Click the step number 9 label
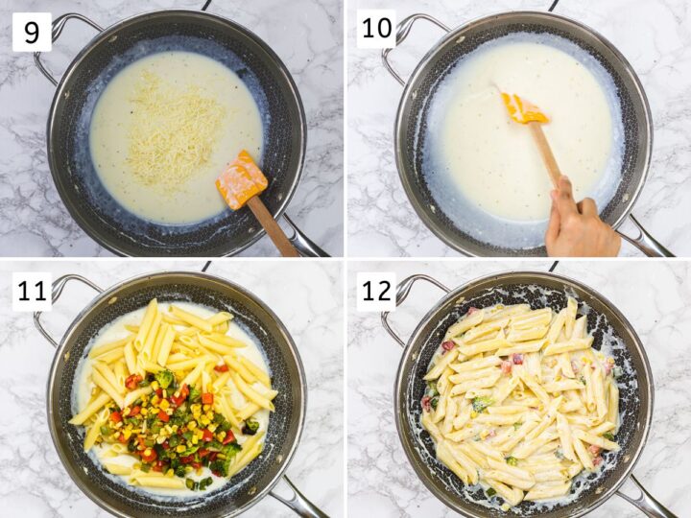pos(32,32)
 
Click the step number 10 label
pos(376,29)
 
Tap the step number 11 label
pos(32,291)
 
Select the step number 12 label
pos(376,291)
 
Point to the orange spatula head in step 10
pos(524,108)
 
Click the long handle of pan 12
pos(644,498)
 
